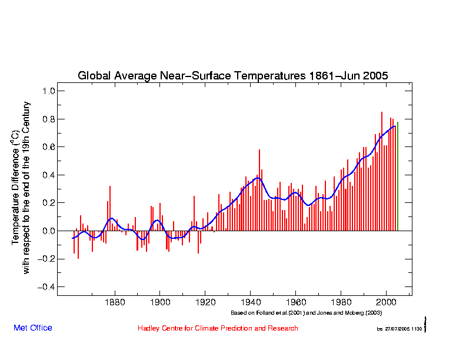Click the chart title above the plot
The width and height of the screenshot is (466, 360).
coord(233,76)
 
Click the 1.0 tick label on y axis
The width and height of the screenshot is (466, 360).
coord(49,91)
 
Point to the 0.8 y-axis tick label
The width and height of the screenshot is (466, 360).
coord(49,119)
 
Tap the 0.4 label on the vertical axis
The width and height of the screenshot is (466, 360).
coord(49,175)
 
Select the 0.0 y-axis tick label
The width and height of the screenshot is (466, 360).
coord(49,231)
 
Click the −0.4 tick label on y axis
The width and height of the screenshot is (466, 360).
coord(46,286)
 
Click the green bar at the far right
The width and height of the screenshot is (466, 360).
coord(398,176)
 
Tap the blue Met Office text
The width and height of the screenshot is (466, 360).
coord(32,328)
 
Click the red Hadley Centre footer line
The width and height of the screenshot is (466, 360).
coord(218,328)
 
